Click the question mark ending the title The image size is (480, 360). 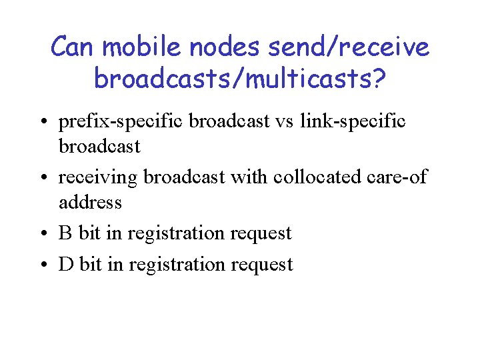[377, 78]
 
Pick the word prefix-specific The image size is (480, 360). [121, 122]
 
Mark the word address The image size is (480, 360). [90, 202]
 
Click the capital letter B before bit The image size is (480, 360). [65, 233]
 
